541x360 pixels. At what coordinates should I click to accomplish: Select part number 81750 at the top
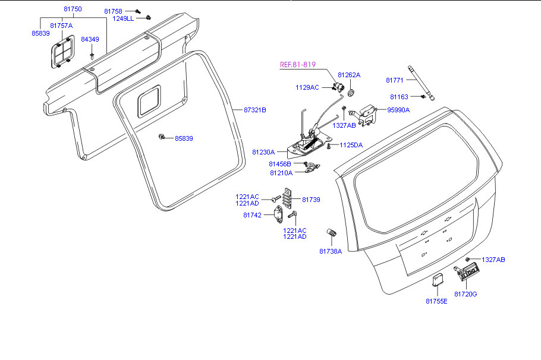pyautogui.click(x=73, y=10)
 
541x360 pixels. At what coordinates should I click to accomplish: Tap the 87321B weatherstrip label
pyautogui.click(x=255, y=110)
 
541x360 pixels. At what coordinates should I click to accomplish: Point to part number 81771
pyautogui.click(x=395, y=80)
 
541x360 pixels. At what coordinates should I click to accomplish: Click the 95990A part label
pyautogui.click(x=398, y=110)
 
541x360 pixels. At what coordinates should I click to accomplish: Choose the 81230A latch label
pyautogui.click(x=263, y=152)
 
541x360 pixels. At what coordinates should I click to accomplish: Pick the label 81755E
pyautogui.click(x=436, y=301)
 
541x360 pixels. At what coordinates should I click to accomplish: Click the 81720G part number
pyautogui.click(x=466, y=294)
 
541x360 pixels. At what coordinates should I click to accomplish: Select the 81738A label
pyautogui.click(x=331, y=251)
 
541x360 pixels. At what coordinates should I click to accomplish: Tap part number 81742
pyautogui.click(x=252, y=215)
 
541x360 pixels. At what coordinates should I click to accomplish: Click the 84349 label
pyautogui.click(x=90, y=39)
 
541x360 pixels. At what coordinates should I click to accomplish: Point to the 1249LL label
pyautogui.click(x=123, y=18)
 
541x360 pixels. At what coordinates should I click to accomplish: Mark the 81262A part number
pyautogui.click(x=349, y=75)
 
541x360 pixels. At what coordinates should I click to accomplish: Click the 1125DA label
pyautogui.click(x=350, y=145)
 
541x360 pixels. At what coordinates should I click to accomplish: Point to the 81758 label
pyautogui.click(x=113, y=11)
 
